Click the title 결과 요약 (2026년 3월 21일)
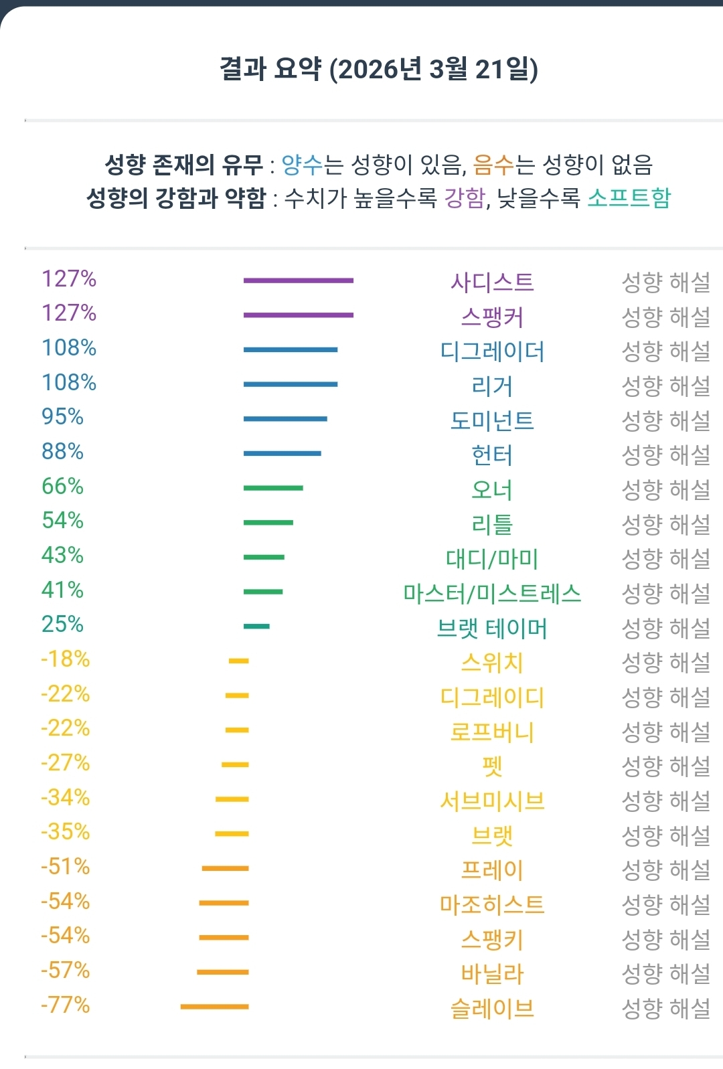[379, 69]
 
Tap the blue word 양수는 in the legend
[303, 164]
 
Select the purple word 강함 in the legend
[465, 198]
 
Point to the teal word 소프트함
[629, 198]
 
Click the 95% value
[63, 417]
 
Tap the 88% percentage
[63, 452]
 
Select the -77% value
[66, 1005]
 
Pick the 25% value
[63, 625]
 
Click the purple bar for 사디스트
[298, 280]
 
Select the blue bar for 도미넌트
[285, 419]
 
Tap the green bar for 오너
[273, 488]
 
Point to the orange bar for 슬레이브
[214, 1006]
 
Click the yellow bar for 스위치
[238, 661]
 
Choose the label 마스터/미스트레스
[492, 594]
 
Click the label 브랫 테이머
[492, 629]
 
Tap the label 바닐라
[492, 974]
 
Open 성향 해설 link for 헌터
[665, 455]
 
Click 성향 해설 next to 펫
[665, 766]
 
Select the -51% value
[66, 867]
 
